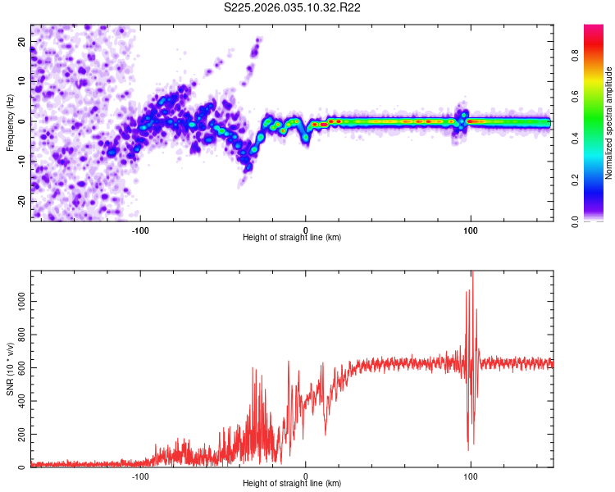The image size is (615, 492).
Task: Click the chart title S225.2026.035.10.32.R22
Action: point(293,7)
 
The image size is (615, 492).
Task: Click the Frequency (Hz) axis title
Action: point(10,123)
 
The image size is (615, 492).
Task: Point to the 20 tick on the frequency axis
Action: point(23,41)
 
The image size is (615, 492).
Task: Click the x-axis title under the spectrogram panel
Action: point(292,237)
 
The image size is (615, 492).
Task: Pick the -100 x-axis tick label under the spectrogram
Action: point(140,230)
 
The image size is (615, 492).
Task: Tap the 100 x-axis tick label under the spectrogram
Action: point(471,230)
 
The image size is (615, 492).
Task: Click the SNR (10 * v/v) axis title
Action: point(10,369)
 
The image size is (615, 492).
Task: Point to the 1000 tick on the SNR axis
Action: point(20,302)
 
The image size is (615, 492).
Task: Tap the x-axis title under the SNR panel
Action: point(292,483)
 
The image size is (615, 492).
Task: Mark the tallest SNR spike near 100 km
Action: point(472,274)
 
